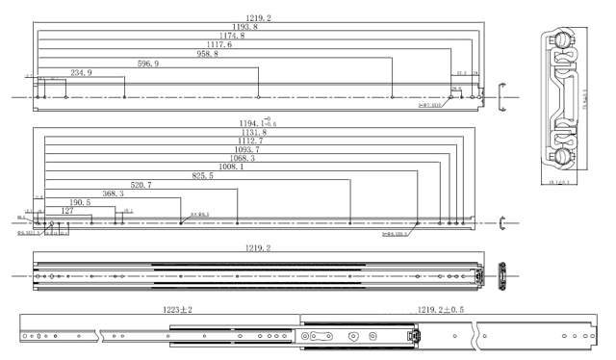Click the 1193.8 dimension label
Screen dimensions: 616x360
[x=244, y=27]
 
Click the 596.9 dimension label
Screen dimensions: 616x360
[x=148, y=64]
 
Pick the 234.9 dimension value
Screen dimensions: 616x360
[x=82, y=73]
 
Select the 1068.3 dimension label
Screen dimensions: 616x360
[x=238, y=159]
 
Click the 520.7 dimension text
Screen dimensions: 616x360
[x=141, y=185]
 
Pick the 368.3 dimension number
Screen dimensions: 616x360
[x=112, y=193]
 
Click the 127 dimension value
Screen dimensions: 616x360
[x=67, y=210]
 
